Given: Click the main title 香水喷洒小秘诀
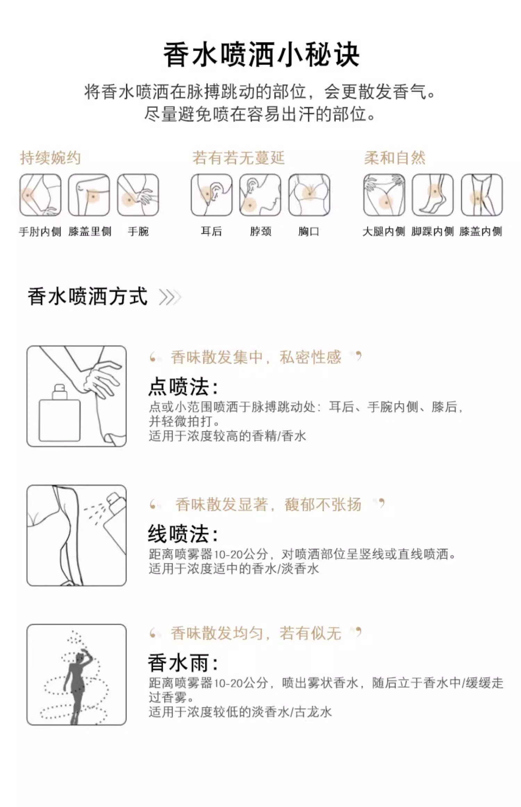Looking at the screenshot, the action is point(261,55).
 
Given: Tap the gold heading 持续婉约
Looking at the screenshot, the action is point(50,158).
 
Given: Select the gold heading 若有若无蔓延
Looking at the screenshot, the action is point(239,158).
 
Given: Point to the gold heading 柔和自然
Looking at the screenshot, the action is point(395,158).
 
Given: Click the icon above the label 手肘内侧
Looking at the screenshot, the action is point(40,195).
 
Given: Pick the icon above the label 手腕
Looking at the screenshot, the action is point(138,195).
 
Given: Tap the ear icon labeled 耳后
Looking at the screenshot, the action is point(212,195).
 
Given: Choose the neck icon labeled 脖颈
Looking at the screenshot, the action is point(260,195).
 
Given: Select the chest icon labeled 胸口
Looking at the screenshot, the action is point(309,195).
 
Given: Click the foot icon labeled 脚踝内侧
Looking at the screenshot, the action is point(433,195).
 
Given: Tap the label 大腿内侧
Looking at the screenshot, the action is point(384,231).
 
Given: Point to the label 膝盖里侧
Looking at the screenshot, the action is point(90,231).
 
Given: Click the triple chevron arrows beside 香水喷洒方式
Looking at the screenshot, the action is point(170,297).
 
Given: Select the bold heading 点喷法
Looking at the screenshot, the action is point(183,386).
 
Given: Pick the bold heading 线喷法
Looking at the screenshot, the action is point(183,534).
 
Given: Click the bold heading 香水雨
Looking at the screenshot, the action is point(183,662).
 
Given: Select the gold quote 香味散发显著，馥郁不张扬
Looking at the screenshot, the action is point(268,505).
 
